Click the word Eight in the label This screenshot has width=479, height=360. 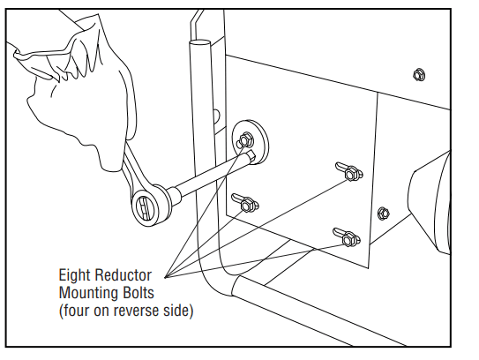74,275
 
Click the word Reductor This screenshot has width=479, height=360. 123,275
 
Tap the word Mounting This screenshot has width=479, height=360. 88,293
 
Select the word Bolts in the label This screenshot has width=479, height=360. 138,292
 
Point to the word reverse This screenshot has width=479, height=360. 137,311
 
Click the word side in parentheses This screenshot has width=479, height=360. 176,311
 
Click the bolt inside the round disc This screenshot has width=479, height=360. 245,140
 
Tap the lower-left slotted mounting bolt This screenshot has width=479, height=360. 246,204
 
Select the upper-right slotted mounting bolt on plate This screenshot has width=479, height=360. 350,173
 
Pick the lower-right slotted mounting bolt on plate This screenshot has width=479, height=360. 348,237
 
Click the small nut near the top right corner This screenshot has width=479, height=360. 419,75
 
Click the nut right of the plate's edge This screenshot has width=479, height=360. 383,213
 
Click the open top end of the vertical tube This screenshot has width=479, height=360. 199,42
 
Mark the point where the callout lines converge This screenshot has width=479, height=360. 165,277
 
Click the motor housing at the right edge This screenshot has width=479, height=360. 430,202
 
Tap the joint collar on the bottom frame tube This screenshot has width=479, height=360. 236,286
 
